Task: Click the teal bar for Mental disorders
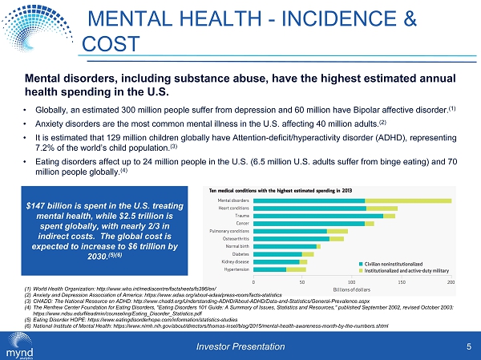point(309,200)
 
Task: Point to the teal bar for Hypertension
point(269,269)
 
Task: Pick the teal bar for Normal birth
point(284,246)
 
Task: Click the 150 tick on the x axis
point(402,281)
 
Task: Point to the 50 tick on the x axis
point(302,281)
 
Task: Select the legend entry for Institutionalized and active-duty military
point(406,270)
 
